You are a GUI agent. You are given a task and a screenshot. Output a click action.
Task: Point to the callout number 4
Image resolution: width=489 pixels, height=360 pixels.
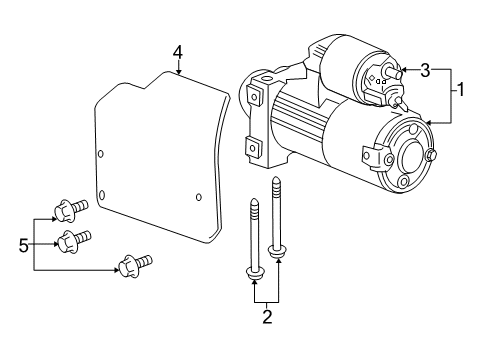[x=177, y=51]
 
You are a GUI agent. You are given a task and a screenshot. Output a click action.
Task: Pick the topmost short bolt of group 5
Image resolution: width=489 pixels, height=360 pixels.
[x=72, y=211]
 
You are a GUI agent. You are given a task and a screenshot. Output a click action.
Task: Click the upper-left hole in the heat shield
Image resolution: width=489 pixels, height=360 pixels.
[x=101, y=153]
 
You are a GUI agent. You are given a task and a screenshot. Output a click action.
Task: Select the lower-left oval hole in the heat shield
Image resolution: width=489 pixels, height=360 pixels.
[x=102, y=194]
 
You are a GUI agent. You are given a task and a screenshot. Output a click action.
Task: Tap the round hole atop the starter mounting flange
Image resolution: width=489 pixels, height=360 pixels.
[x=267, y=77]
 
